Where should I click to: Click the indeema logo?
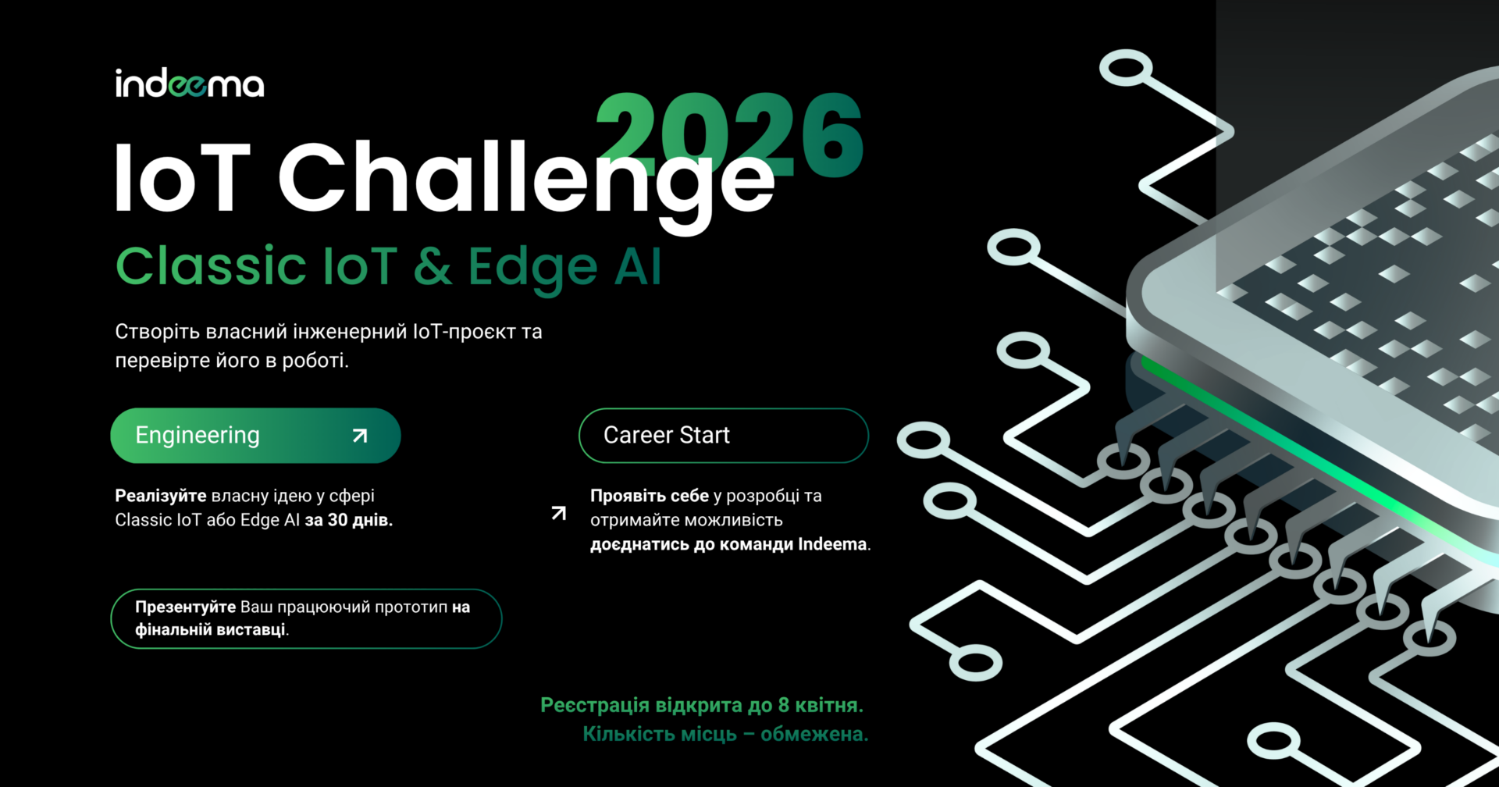pos(190,84)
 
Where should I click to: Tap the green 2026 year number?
pos(730,135)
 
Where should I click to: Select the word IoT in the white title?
pos(183,177)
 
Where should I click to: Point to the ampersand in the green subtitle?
pos(433,266)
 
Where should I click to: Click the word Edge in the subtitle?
pos(533,269)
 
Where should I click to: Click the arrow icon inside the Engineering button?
pos(360,436)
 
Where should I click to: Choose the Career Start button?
pos(724,436)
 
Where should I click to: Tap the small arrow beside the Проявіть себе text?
pos(559,513)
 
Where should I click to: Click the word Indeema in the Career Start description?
pos(832,544)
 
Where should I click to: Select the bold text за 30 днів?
pos(348,520)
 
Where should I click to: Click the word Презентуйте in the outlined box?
pos(185,607)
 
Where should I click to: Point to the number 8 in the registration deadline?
pos(784,706)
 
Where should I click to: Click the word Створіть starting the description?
pos(158,332)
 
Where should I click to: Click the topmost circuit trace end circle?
pos(1126,68)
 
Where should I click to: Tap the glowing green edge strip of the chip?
pos(1319,461)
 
